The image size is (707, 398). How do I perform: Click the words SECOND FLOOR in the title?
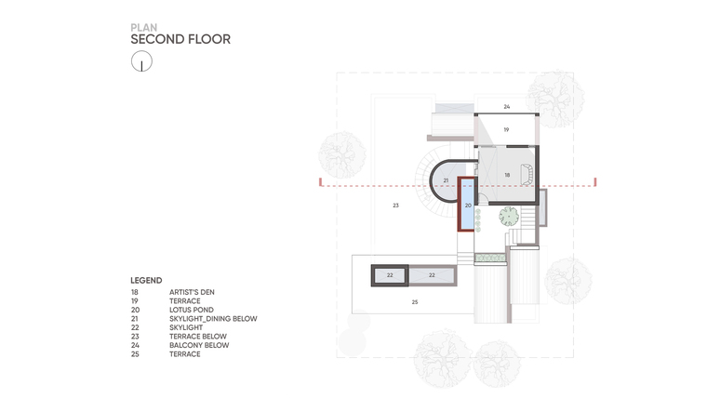coord(180,39)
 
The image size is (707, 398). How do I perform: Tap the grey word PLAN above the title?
coord(144,28)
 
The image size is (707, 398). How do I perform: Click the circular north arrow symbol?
coord(141,60)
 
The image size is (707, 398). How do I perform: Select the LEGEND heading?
coord(146,280)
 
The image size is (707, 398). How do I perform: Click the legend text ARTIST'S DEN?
coord(192,292)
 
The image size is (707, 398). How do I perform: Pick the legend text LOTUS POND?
coord(192,310)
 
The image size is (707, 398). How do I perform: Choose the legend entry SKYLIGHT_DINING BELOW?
coord(213,319)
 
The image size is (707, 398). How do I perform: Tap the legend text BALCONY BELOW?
coord(199,345)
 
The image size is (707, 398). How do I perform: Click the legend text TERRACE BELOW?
coord(198,337)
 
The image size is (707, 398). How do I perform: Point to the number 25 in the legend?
coord(135,354)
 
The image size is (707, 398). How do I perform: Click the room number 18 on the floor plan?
coord(507,175)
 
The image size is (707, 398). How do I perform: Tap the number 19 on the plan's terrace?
coord(506,130)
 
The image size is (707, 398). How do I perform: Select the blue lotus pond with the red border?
coord(467,205)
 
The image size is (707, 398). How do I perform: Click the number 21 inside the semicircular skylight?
coord(446,180)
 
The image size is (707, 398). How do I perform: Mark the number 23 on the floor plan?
coord(396,206)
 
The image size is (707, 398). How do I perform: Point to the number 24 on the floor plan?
coord(507,107)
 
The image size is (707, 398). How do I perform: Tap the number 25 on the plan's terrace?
coord(415,302)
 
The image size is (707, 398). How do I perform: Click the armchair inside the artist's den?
coord(527,175)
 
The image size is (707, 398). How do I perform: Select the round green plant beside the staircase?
coord(509,217)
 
